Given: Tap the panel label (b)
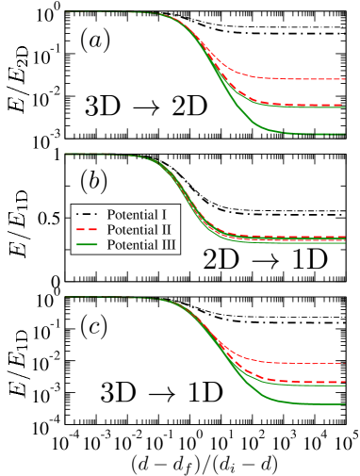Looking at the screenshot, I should [93, 179].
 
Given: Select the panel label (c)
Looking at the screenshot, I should [93, 326].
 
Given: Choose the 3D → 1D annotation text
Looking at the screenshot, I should [161, 391].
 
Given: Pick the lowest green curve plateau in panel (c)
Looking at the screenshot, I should [311, 404].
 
